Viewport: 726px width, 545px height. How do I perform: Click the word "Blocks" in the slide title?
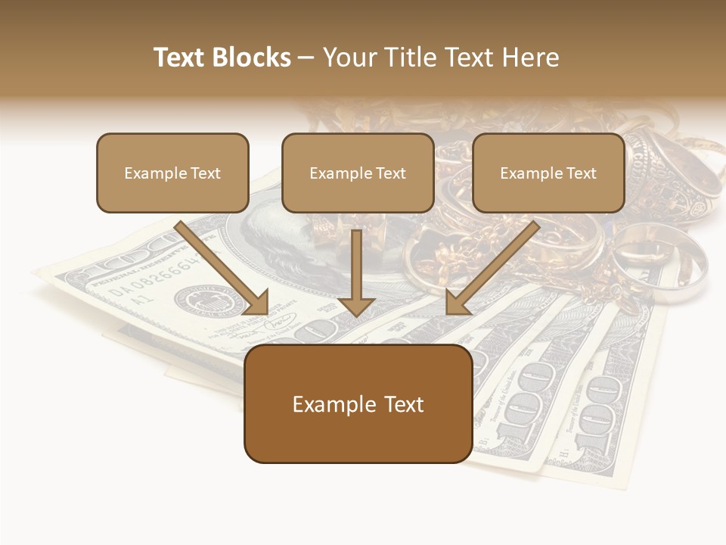(x=253, y=58)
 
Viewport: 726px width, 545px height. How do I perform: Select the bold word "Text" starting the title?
(x=181, y=58)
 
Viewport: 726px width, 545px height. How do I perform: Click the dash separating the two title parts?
(x=306, y=58)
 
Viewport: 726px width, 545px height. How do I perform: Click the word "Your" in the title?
(x=349, y=58)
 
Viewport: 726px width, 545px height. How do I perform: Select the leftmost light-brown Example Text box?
(x=172, y=173)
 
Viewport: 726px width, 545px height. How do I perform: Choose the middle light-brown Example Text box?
(x=358, y=173)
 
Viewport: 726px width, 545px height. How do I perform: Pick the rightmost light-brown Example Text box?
(x=548, y=173)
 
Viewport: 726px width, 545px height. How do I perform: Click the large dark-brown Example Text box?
(x=358, y=403)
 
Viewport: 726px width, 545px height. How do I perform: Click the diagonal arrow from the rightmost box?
(x=492, y=269)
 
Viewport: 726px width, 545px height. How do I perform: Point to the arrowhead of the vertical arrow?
(x=356, y=305)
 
